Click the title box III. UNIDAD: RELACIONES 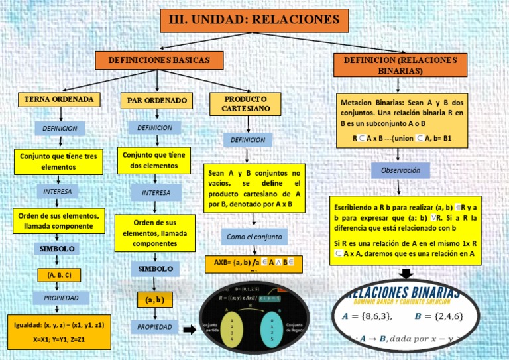254,20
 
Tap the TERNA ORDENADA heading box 60,99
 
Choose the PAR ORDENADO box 157,101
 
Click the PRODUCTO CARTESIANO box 246,103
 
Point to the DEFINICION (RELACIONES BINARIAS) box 400,65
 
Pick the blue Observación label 400,170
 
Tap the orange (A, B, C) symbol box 59,274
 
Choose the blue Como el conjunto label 254,237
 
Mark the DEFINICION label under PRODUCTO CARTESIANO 247,140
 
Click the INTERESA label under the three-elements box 58,191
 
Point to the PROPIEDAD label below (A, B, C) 61,298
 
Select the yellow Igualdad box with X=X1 58,332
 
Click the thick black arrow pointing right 190,330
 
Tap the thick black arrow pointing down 406,273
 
